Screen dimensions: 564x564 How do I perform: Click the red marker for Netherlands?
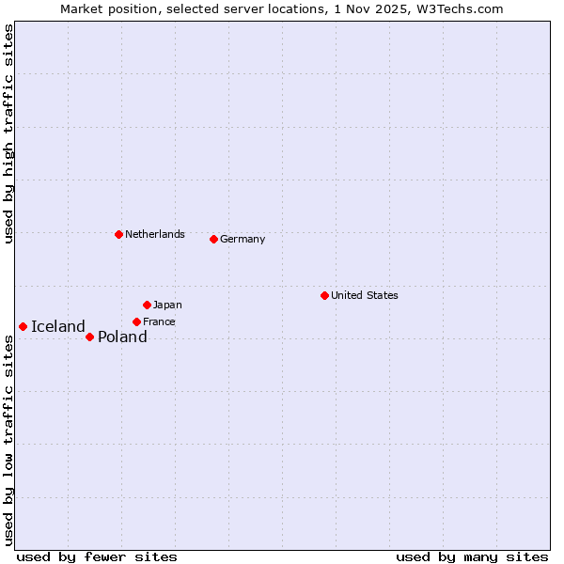118,234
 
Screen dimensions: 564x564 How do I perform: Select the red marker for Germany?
213,239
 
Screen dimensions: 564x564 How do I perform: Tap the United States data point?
324,295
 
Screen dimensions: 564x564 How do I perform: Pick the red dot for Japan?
147,305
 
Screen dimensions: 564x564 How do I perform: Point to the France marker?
136,321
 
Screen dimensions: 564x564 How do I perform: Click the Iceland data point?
23,326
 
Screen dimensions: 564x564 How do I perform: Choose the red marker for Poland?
89,337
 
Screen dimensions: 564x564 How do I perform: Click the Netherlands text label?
155,234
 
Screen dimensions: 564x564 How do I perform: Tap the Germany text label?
243,239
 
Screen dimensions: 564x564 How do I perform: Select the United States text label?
365,295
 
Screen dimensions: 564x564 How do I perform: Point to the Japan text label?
167,305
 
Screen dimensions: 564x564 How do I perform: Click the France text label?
159,321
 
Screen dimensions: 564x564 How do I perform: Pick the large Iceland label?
58,326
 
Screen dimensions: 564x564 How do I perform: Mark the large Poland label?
122,337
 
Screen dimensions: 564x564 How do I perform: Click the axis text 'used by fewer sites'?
97,556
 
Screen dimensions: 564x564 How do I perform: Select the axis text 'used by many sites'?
472,556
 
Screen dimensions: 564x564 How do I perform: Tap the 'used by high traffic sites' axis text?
8,133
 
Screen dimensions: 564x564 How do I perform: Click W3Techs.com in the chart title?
458,8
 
